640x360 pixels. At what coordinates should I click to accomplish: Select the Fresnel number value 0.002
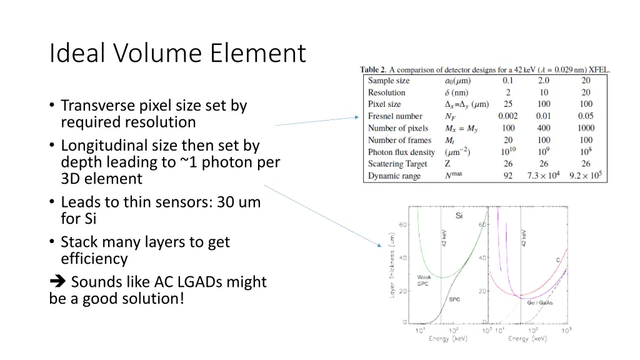pyautogui.click(x=507, y=116)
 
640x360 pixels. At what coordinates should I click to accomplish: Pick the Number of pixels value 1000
pyautogui.click(x=586, y=128)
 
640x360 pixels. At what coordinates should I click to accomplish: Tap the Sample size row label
pyautogui.click(x=388, y=81)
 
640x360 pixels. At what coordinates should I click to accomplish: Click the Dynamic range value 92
pyautogui.click(x=507, y=176)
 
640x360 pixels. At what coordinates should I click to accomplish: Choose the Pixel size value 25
pyautogui.click(x=507, y=104)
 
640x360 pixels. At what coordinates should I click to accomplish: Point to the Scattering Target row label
pyautogui.click(x=397, y=164)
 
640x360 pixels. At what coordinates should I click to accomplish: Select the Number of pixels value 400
pyautogui.click(x=544, y=128)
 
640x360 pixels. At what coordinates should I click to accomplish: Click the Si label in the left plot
pyautogui.click(x=459, y=216)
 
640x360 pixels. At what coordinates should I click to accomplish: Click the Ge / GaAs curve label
pyautogui.click(x=540, y=302)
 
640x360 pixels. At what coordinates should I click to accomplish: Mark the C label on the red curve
pyautogui.click(x=557, y=259)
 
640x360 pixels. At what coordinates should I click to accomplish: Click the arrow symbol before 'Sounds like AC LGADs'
pyautogui.click(x=56, y=282)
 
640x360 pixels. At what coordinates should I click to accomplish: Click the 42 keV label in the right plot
pyautogui.click(x=524, y=237)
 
